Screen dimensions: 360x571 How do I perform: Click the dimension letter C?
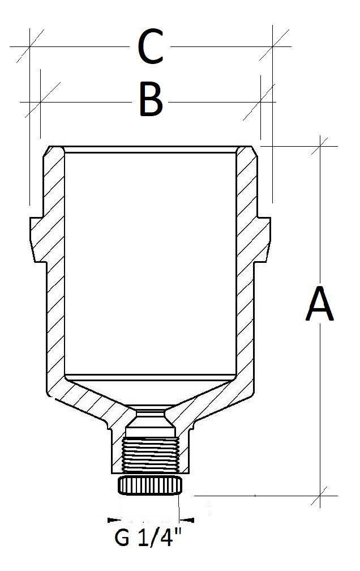150,47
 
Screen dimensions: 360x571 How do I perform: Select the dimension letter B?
151,101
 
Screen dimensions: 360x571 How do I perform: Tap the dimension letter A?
320,304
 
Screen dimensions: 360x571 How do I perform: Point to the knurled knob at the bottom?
149,485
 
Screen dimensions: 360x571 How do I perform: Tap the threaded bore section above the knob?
151,455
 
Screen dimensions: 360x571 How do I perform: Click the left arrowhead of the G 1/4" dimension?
112,519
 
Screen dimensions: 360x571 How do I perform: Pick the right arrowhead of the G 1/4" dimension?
187,519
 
